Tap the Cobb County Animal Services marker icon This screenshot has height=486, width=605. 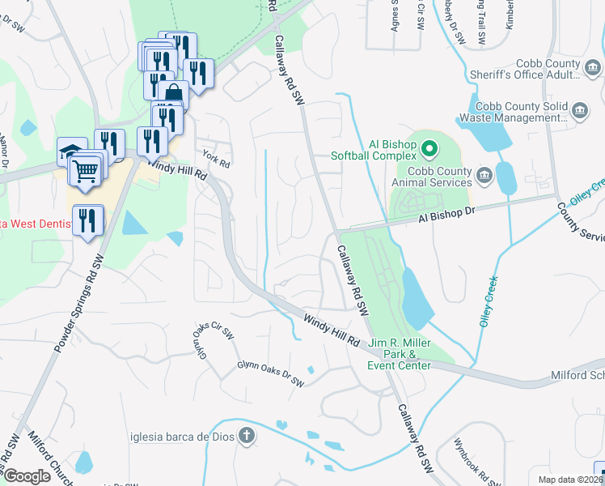(x=484, y=174)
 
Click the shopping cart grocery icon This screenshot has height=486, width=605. (x=86, y=170)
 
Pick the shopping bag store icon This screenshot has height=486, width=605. (x=173, y=96)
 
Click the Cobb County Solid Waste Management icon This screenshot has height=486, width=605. (x=579, y=110)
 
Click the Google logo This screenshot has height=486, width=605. (x=27, y=476)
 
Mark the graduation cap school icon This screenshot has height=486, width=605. (x=70, y=151)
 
